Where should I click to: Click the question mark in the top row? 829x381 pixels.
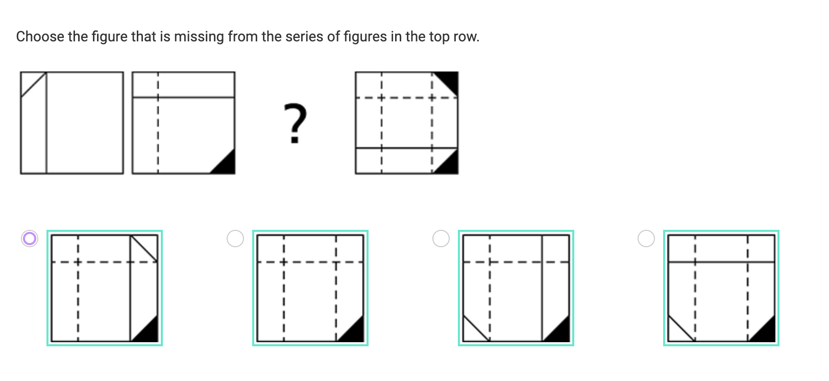pyautogui.click(x=295, y=123)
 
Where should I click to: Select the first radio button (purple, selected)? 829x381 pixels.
pyautogui.click(x=30, y=239)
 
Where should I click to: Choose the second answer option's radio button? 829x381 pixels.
pyautogui.click(x=235, y=239)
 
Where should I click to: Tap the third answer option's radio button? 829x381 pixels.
pyautogui.click(x=441, y=239)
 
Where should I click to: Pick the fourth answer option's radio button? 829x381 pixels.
pyautogui.click(x=646, y=239)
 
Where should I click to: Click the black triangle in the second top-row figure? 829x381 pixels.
pyautogui.click(x=227, y=165)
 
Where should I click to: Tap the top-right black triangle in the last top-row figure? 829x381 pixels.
pyautogui.click(x=450, y=80)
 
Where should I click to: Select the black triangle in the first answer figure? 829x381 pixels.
pyautogui.click(x=149, y=331)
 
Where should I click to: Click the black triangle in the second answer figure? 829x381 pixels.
pyautogui.click(x=354, y=331)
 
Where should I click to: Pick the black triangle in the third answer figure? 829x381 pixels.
pyautogui.click(x=560, y=331)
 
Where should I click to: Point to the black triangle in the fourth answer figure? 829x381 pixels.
pyautogui.click(x=766, y=331)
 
